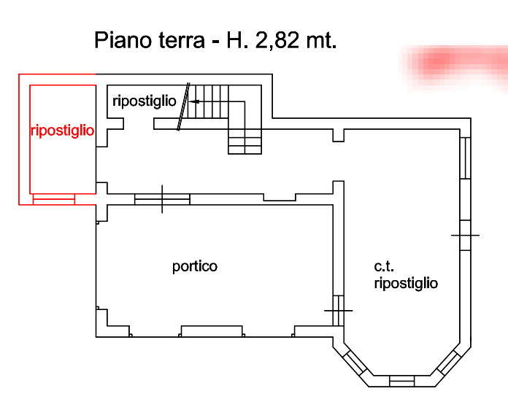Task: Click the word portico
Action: pos(195,267)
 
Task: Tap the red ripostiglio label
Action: pos(63,131)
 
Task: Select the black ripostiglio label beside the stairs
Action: pos(145,101)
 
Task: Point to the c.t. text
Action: pos(384,266)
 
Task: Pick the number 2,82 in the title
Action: pos(277,41)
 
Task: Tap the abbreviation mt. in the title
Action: pos(321,41)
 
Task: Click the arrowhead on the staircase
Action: pos(194,101)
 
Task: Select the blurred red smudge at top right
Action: pos(453,66)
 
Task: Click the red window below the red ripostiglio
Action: pos(54,199)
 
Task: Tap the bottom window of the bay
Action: pos(401,381)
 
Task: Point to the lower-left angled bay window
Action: pos(355,363)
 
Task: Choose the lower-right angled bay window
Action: pos(449,363)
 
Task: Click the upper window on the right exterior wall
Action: pos(465,158)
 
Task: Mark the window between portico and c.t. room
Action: pos(339,311)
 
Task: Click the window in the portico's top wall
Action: pos(162,199)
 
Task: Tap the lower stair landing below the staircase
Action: pos(245,142)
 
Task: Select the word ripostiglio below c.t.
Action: pos(406,283)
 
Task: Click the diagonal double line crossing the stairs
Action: pos(183,107)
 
